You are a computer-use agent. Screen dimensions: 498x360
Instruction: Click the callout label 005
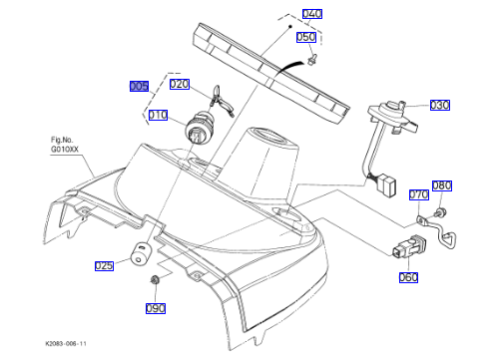[x=139, y=86]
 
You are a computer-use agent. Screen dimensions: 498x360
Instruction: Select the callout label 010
[x=158, y=115]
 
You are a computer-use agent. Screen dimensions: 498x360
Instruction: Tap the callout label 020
[x=180, y=84]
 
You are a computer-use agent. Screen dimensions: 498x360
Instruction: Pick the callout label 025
[x=104, y=265]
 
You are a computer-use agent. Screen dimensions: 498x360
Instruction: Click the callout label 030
[x=440, y=105]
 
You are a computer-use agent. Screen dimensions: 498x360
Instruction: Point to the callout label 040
[x=312, y=14]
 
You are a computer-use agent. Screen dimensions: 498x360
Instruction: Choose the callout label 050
[x=306, y=37]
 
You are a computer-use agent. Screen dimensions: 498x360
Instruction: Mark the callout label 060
[x=408, y=277]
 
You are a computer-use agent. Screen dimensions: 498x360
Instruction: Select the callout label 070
[x=419, y=194]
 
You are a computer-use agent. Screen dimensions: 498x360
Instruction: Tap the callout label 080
[x=442, y=185]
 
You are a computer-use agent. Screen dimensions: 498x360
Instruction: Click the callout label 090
[x=156, y=308]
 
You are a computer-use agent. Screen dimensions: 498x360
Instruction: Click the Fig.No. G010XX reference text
[x=64, y=145]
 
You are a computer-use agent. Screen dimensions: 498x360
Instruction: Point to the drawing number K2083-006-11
[x=66, y=343]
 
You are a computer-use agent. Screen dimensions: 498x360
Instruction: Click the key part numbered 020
[x=221, y=102]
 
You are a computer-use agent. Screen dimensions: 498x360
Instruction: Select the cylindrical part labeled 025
[x=141, y=253]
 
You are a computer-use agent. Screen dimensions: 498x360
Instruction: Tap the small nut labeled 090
[x=155, y=279]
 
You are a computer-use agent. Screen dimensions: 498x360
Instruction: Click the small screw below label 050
[x=311, y=60]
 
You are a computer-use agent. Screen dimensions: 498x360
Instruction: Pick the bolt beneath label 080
[x=440, y=212]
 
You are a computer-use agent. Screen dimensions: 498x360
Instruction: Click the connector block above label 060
[x=409, y=246]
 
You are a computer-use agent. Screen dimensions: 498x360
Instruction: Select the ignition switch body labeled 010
[x=198, y=129]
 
